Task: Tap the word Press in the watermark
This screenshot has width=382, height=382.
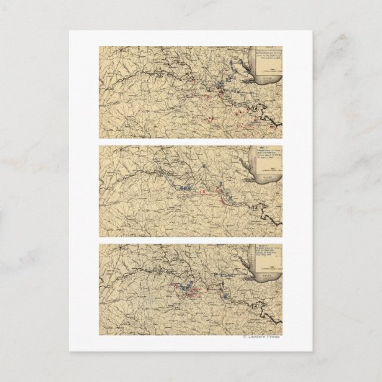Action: click(x=273, y=337)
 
